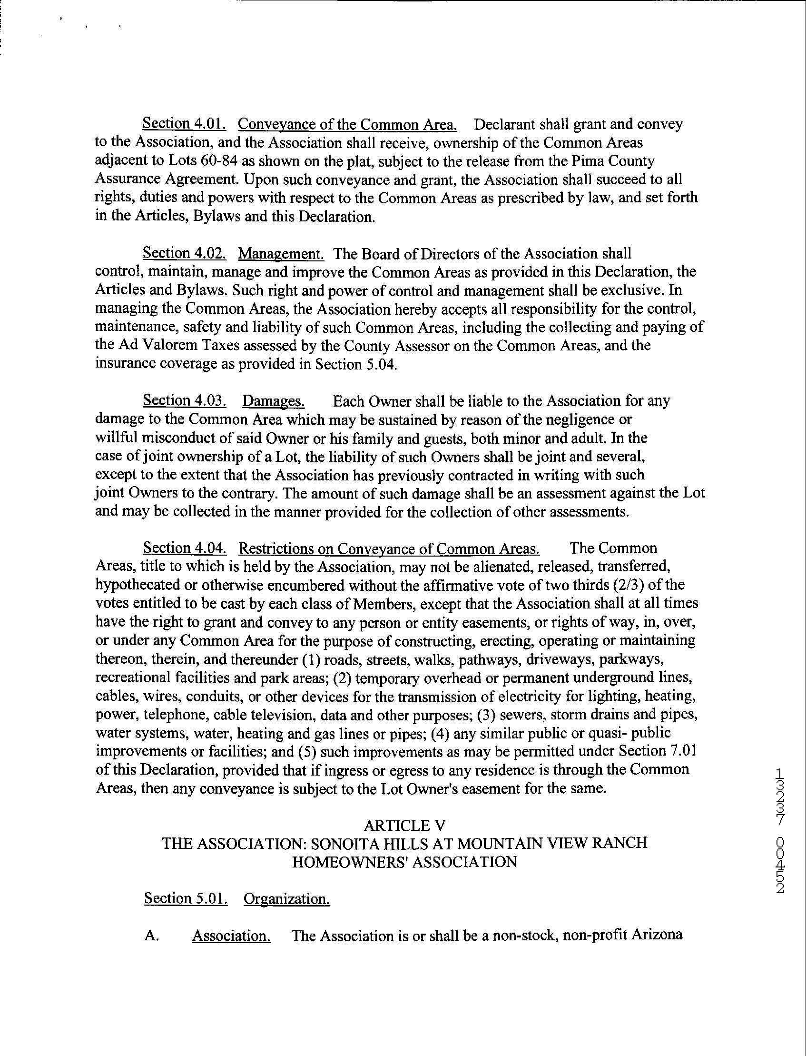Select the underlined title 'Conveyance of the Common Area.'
[347, 125]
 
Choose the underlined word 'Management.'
[281, 253]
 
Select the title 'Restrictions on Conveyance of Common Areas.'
[389, 548]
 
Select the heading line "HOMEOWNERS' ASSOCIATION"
[404, 862]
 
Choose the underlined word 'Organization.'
[286, 898]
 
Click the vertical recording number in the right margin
[780, 830]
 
